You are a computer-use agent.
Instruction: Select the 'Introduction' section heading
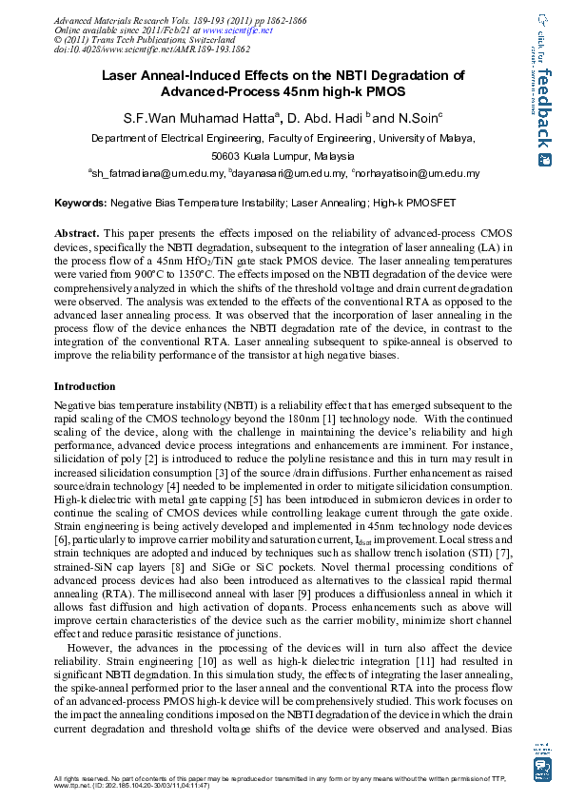[85, 387]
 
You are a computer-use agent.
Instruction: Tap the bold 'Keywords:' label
[81, 204]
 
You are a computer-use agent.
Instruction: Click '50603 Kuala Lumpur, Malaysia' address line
[283, 156]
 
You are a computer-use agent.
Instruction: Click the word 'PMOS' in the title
[381, 92]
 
